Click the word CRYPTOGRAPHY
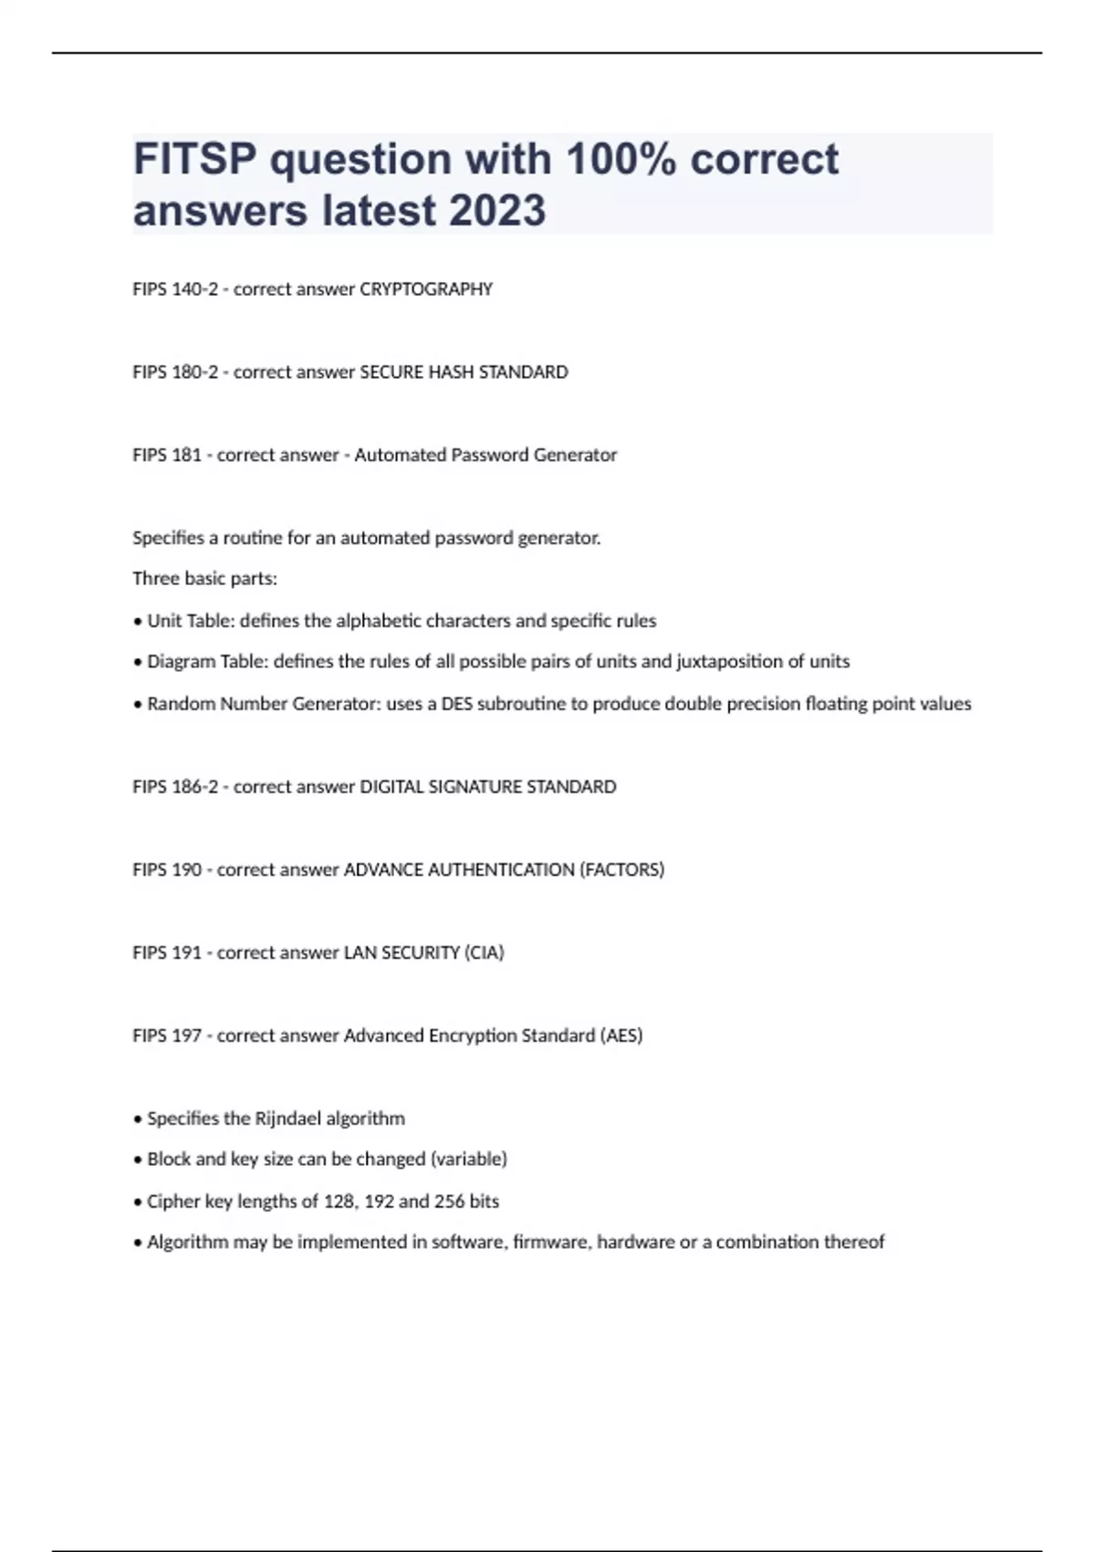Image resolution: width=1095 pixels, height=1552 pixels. point(426,289)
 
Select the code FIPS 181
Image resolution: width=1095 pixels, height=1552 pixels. point(167,455)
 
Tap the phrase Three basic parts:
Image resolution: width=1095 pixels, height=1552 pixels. point(204,579)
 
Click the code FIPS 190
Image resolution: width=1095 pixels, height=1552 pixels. point(167,870)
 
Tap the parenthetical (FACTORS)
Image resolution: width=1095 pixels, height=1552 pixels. point(621,870)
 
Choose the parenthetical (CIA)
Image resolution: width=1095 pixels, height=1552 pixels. point(484,953)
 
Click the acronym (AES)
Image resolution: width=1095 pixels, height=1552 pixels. point(620,1036)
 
